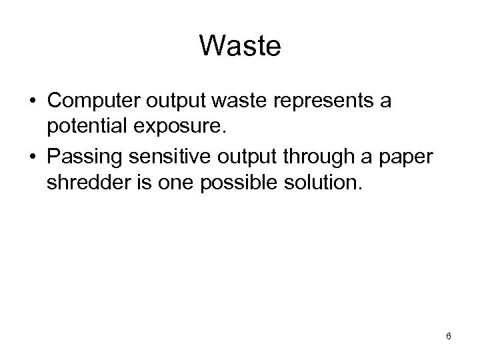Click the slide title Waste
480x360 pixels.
pos(240,47)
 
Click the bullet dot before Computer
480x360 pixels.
pos(33,104)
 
